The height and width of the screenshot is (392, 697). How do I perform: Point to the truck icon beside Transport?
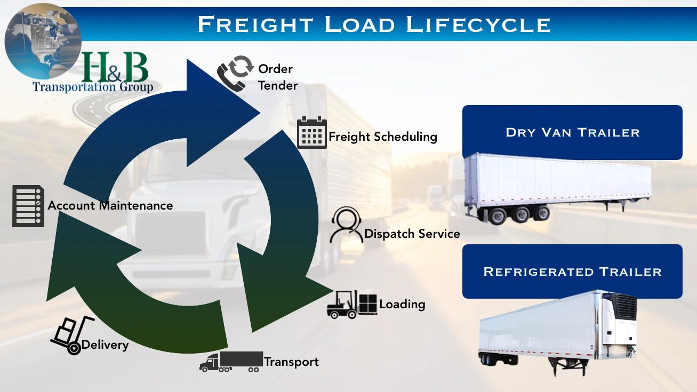[x=231, y=361]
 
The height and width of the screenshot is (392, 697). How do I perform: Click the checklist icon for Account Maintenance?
[x=28, y=206]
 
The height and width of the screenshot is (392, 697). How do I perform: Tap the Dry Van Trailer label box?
[x=572, y=132]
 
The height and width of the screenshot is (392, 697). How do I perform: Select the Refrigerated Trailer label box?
[x=572, y=271]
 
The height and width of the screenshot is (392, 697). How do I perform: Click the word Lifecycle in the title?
[x=478, y=25]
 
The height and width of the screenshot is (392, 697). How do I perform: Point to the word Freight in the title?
[x=255, y=25]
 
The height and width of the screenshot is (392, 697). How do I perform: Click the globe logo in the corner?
[x=43, y=40]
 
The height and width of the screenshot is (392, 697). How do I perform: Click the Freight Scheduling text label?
[x=383, y=137]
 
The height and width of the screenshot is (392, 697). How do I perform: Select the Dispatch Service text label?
[x=412, y=234]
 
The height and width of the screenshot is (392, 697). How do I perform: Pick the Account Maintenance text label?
[x=110, y=205]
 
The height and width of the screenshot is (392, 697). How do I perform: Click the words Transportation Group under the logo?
[x=93, y=86]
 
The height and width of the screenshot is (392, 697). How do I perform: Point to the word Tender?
[x=277, y=85]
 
